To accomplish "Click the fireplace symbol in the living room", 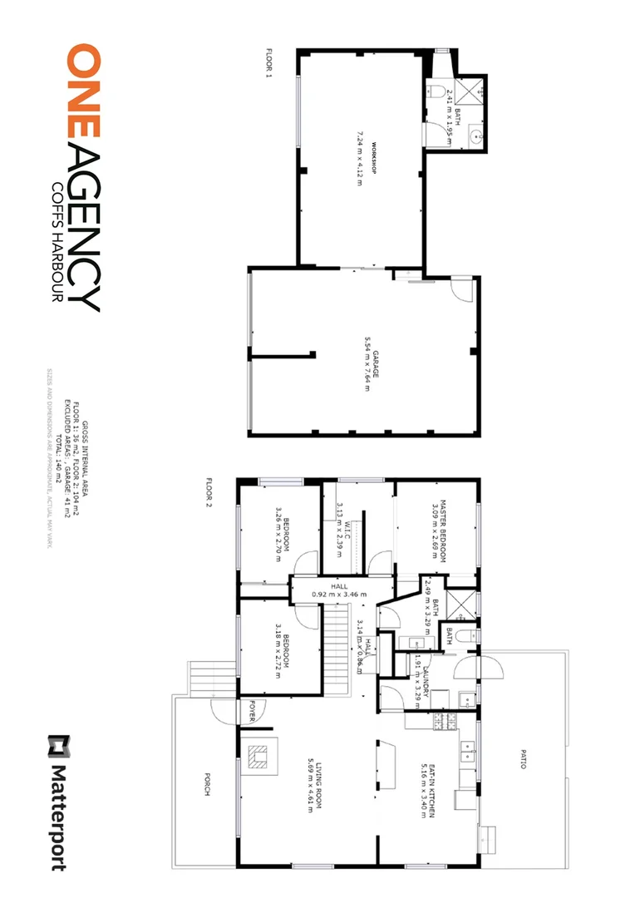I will pos(258,757).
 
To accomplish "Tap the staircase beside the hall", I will pos(334,640).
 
